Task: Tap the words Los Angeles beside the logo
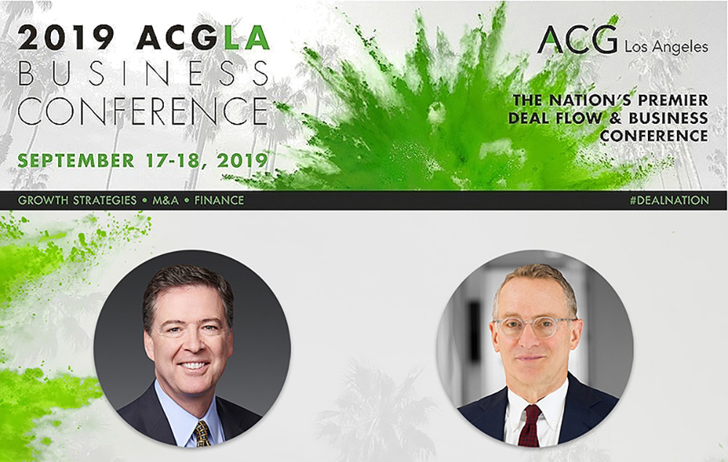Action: coord(665,47)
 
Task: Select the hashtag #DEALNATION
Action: coord(669,200)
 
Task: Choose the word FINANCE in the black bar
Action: coord(219,200)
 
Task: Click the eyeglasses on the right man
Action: coord(533,326)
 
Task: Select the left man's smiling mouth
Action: coord(192,365)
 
